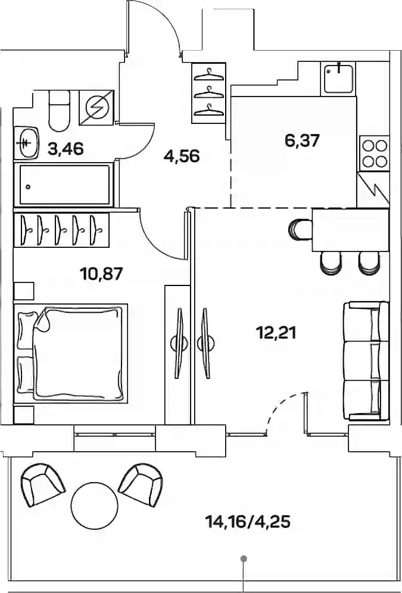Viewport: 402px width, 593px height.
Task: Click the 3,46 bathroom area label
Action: [66, 149]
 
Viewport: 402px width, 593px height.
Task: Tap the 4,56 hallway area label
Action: [182, 156]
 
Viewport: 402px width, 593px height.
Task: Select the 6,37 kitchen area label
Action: [303, 141]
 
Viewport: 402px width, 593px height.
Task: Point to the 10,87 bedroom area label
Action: [102, 273]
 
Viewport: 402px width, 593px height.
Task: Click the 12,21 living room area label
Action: [276, 333]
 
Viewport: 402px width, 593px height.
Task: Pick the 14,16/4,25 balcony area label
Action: [248, 522]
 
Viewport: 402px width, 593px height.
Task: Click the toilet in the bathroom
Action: [60, 110]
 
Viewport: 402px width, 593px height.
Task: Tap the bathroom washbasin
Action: [26, 142]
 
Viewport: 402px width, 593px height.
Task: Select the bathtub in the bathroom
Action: [63, 185]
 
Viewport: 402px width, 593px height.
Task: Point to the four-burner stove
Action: [375, 153]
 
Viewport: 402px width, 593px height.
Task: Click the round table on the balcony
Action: [95, 505]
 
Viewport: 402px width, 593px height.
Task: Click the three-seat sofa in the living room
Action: [366, 361]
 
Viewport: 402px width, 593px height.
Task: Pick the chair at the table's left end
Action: [300, 229]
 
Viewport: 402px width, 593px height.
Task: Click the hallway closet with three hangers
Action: [208, 93]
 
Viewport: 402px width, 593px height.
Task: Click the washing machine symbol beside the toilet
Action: [96, 108]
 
